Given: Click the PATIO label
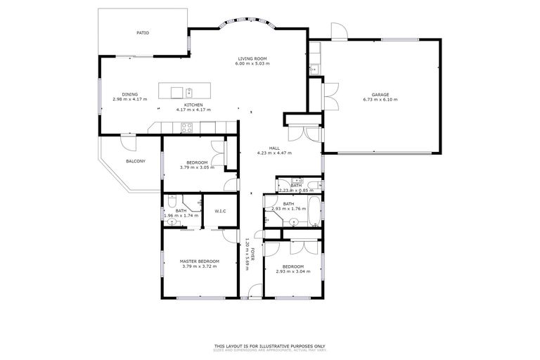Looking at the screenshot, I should tap(143, 33).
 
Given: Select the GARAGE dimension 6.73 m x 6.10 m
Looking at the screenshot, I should tap(380, 100).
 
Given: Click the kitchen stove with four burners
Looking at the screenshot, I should tap(187, 127).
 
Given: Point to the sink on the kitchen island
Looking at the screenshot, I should tap(189, 91).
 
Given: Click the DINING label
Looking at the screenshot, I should tap(130, 94).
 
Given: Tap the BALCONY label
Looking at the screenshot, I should tap(136, 162).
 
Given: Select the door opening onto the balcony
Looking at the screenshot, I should tap(128, 141).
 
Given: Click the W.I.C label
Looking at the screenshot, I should tap(220, 211).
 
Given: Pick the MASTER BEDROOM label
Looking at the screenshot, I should tap(200, 262).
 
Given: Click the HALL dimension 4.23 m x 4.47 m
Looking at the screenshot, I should tap(274, 153).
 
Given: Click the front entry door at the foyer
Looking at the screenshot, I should tap(251, 295).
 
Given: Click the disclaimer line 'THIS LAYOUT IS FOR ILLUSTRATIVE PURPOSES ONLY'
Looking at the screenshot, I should tap(270, 345).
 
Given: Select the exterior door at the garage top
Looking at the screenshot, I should tap(338, 32).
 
